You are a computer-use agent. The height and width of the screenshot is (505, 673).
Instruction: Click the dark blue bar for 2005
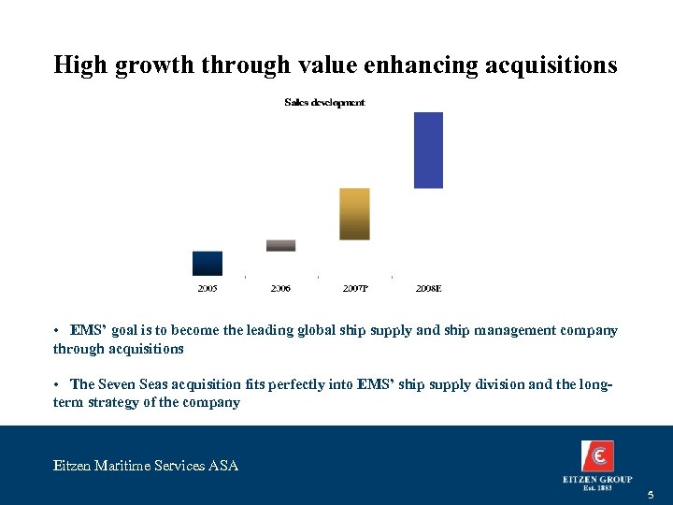pos(207,263)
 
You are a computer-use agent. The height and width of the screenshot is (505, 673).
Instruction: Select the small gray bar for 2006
pos(280,245)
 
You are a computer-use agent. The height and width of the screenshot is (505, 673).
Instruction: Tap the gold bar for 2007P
pos(354,214)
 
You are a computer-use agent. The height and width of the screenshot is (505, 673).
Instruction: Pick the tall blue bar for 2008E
pos(428,150)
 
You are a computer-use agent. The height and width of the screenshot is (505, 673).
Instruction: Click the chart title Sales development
pos(324,102)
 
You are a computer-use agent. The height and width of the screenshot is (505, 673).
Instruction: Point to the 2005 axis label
pos(208,289)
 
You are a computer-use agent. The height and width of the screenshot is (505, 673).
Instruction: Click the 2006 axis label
pos(280,289)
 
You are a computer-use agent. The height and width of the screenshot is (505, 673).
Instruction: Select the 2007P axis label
pos(354,289)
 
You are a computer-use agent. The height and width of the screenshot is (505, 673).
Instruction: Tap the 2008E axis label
pos(428,289)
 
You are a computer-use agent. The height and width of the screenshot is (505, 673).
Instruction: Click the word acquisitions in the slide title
pos(550,65)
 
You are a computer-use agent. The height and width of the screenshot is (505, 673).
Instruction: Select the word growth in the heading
pos(152,65)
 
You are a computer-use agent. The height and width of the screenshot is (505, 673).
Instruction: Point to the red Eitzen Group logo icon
pos(597,457)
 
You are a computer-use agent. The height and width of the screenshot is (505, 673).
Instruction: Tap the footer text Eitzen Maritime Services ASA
pos(146,465)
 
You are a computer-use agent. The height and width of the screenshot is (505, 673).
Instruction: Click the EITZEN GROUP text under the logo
pos(597,480)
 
